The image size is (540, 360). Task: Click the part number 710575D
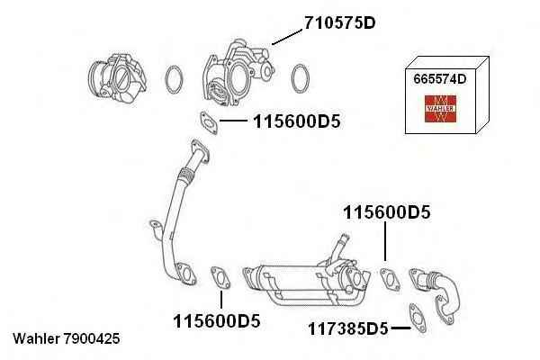pos(339,22)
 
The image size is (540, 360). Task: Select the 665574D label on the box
pos(440,79)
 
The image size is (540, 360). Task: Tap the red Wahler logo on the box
pos(440,109)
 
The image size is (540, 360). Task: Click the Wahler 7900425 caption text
pos(67,338)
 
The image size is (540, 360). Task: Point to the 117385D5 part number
pos(347,328)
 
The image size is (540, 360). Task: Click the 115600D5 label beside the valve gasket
pos(296,121)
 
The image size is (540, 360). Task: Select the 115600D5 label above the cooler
pos(387,212)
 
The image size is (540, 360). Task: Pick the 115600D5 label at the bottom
pos(217,321)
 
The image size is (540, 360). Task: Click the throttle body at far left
pos(117,79)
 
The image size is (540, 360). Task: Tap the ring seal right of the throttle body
pos(174,79)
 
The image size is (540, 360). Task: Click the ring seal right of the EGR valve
pos(301,78)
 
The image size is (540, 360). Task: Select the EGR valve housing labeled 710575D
pos(238,73)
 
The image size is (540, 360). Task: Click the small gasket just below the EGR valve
pos(209,122)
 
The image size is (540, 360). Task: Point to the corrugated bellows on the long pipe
pos(186,175)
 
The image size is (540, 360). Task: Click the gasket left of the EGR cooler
pos(220,277)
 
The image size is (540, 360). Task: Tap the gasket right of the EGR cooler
pos(391,280)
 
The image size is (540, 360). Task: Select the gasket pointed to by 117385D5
pos(418,319)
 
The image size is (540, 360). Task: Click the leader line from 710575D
pos(287,37)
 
